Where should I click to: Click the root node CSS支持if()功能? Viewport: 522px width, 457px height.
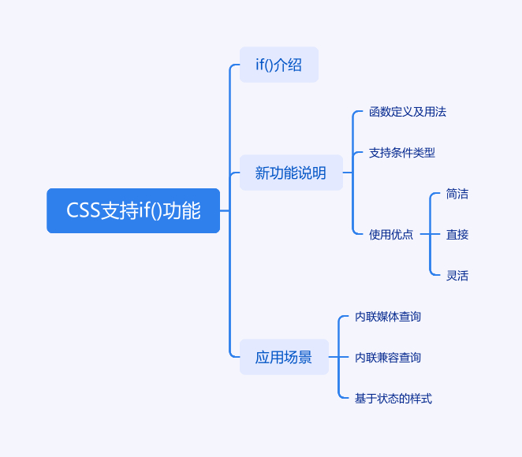133,210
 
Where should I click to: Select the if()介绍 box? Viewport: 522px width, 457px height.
279,65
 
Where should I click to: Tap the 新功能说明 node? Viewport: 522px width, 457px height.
291,173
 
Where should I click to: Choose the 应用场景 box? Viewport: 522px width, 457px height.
284,357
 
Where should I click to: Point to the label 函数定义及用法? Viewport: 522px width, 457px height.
408,112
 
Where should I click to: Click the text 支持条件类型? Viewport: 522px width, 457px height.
402,153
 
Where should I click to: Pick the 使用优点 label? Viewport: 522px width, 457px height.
391,235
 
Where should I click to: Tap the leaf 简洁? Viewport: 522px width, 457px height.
457,194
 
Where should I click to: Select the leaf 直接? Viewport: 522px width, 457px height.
457,235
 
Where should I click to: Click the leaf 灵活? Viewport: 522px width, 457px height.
457,276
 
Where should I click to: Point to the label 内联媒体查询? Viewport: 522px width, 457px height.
388,316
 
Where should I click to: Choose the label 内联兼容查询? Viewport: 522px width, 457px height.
388,357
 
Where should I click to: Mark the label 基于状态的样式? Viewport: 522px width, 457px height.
393,398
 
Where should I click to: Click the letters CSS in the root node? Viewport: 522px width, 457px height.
84,210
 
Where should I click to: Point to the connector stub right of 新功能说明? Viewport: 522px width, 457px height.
348,173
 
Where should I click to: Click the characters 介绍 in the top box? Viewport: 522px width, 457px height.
290,65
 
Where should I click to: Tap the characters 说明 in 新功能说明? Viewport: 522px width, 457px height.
314,173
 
